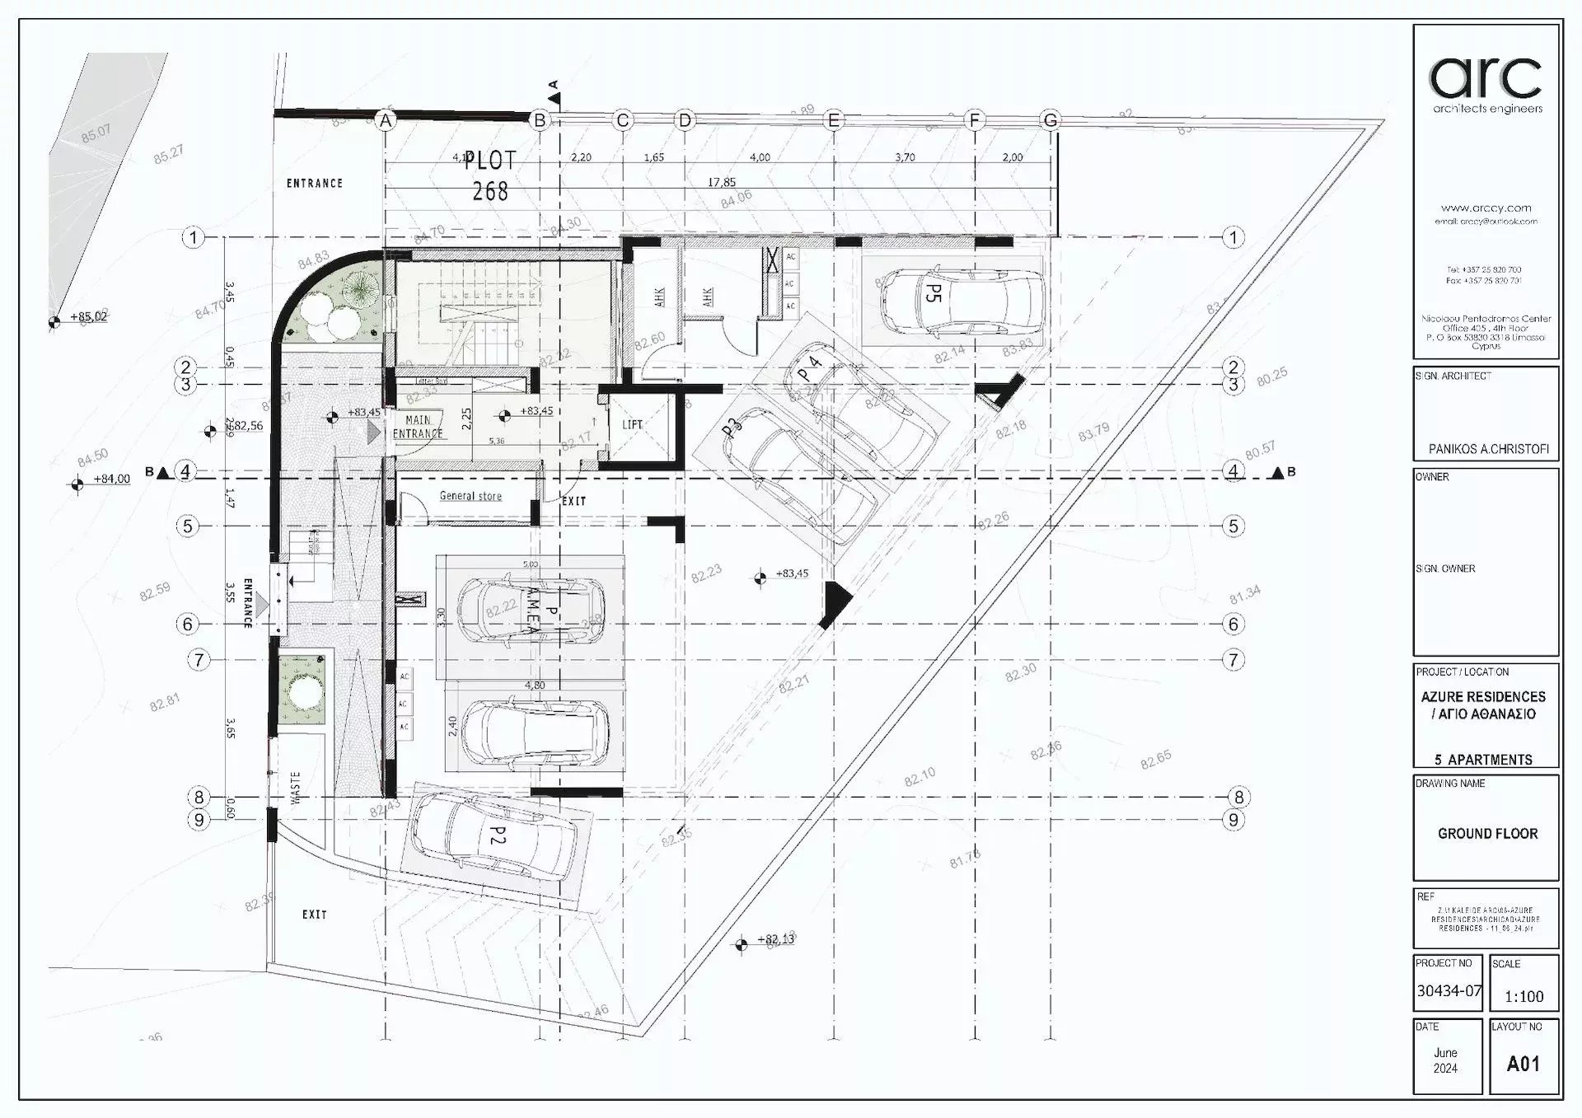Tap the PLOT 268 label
click(490, 175)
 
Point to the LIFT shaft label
click(633, 425)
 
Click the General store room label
click(470, 496)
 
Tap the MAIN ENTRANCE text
click(418, 427)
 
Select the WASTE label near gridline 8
click(296, 787)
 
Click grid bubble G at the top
click(1051, 120)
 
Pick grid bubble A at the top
click(385, 120)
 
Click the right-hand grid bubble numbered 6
click(1233, 624)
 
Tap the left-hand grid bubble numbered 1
click(193, 238)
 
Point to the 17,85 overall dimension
click(722, 182)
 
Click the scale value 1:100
click(1523, 997)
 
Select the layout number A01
click(1523, 1064)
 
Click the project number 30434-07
click(1449, 991)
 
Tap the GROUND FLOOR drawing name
click(1487, 834)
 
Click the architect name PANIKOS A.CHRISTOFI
click(1488, 450)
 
